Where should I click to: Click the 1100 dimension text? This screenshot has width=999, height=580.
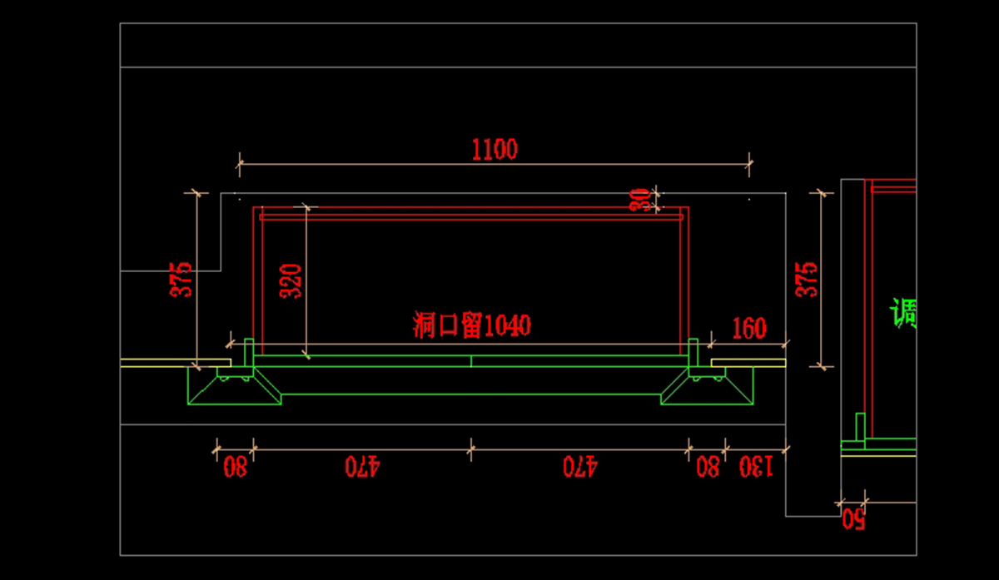495,150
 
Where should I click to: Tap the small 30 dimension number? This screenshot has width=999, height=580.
639,200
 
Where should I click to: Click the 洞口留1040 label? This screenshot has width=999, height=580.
472,325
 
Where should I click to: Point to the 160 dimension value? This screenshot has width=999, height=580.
748,329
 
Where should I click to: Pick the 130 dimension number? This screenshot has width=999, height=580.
756,468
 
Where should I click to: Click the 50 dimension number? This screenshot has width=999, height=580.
852,521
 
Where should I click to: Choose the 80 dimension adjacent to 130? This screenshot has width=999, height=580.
708,468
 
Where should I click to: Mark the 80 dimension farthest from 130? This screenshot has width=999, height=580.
235,468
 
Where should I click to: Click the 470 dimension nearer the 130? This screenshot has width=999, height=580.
580,468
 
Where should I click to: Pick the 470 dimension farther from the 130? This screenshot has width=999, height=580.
362,468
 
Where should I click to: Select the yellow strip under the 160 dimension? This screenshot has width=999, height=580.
748,363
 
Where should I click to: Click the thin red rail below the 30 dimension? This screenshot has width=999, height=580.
471,217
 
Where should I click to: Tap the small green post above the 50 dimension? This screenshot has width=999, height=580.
861,426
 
